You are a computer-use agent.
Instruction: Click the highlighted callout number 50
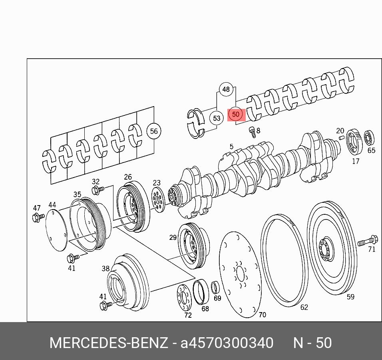click(236, 114)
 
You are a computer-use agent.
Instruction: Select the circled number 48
click(226, 89)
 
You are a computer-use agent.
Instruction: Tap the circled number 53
click(217, 118)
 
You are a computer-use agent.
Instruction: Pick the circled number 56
click(154, 131)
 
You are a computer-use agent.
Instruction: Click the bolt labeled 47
click(38, 217)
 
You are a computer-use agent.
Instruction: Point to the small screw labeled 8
click(252, 132)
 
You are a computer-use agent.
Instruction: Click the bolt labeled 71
click(368, 241)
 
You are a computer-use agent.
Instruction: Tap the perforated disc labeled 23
click(158, 200)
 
